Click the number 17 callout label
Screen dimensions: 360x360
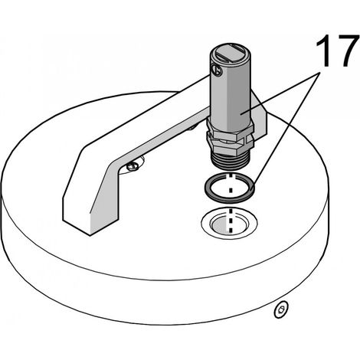336,51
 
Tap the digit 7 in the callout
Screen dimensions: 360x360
345,51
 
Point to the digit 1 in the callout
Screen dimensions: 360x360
322,51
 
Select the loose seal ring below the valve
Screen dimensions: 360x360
230,188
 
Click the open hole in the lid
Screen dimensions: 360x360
230,223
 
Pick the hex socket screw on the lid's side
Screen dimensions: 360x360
281,309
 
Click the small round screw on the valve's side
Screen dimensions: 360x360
217,70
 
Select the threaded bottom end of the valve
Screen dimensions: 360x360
229,160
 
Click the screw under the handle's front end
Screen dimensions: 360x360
133,166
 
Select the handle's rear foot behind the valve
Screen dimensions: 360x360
259,117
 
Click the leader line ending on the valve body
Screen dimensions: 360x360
280,93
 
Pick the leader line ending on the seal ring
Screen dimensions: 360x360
286,131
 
